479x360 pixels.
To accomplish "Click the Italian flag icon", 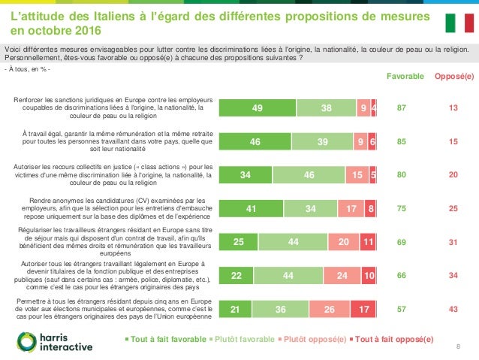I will coord(459,23).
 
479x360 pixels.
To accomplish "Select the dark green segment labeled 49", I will coord(257,108).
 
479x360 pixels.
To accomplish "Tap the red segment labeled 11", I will coord(368,243).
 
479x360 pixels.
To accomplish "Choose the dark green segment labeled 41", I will coord(251,209).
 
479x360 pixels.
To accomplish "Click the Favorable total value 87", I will coord(402,108).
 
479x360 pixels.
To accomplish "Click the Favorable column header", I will coord(405,77).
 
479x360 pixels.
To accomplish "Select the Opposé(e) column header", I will coord(454,77).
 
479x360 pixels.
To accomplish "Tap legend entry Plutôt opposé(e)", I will coord(314,340).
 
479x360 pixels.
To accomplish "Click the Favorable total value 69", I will coord(402,243).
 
